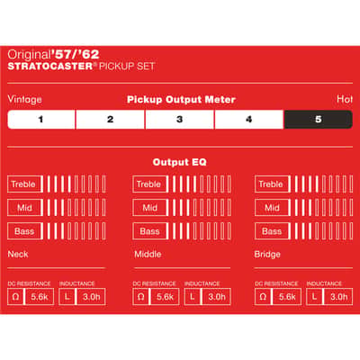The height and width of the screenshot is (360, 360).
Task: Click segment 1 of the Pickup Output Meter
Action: (x=41, y=120)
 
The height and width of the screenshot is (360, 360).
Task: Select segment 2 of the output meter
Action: (x=110, y=120)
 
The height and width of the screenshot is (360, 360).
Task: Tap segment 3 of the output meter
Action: (x=179, y=120)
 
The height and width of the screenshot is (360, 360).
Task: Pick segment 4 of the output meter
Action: (x=248, y=120)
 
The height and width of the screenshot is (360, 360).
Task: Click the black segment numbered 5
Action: (x=318, y=120)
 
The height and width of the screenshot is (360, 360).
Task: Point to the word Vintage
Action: (x=24, y=99)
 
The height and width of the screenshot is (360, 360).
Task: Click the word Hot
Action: (x=345, y=99)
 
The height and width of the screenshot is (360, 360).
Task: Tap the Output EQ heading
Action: (x=179, y=162)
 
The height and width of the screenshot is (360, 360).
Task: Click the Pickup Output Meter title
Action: (x=181, y=100)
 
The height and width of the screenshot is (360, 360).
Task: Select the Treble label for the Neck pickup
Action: (x=23, y=184)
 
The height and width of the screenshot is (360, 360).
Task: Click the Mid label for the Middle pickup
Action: (x=149, y=207)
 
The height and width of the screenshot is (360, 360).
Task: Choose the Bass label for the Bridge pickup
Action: (x=272, y=231)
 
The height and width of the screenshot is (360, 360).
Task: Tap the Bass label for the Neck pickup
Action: (x=24, y=231)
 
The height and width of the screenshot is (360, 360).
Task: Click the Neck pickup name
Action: (x=18, y=254)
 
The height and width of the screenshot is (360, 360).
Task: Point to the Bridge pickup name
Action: (x=267, y=255)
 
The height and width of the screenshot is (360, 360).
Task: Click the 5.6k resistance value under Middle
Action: (x=165, y=297)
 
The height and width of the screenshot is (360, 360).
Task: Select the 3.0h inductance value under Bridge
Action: (x=339, y=297)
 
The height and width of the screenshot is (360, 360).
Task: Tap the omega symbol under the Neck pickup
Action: (x=15, y=297)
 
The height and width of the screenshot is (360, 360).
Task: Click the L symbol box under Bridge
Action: (x=314, y=297)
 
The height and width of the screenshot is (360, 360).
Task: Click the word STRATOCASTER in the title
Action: (x=50, y=66)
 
